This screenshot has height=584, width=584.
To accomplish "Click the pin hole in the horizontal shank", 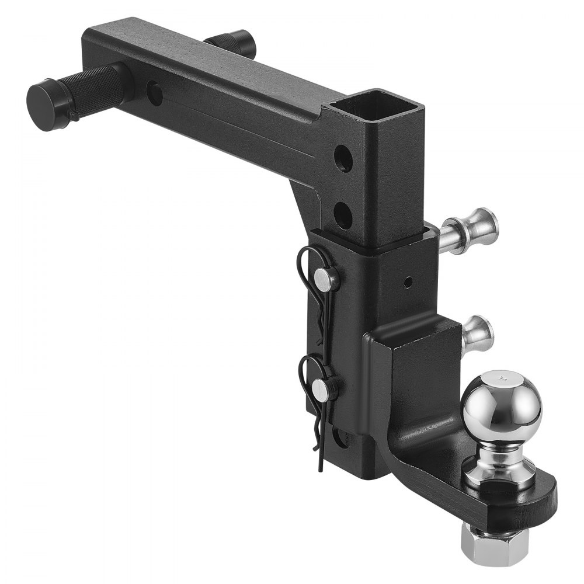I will click(155, 93).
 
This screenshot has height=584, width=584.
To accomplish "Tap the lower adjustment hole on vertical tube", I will click(343, 214).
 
